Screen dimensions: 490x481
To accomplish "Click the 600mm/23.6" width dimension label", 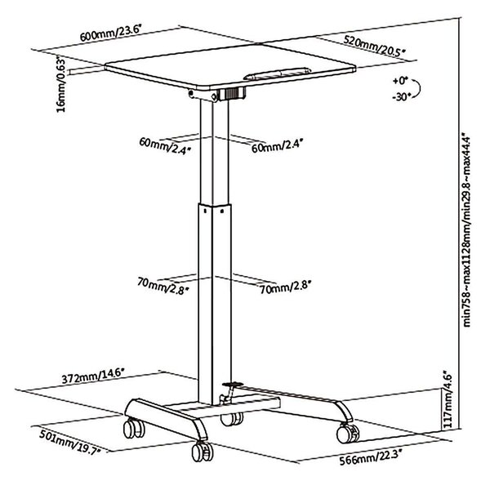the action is click(x=111, y=33).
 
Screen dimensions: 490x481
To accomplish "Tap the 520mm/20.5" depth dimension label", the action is click(x=375, y=46).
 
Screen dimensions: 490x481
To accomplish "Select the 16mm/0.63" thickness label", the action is click(x=62, y=84).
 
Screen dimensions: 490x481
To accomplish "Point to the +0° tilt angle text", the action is click(x=401, y=81).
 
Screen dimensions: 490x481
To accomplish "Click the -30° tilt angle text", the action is click(x=401, y=96).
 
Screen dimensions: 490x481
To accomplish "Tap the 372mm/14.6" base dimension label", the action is click(x=93, y=376).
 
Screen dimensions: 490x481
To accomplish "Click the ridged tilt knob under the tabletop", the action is click(x=232, y=94).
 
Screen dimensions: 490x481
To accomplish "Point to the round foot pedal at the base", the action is click(x=233, y=382).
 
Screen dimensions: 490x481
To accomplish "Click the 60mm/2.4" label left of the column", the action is click(x=165, y=146).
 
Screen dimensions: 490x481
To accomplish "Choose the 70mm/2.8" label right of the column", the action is click(x=286, y=287).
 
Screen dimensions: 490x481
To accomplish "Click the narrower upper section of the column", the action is click(x=214, y=152).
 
